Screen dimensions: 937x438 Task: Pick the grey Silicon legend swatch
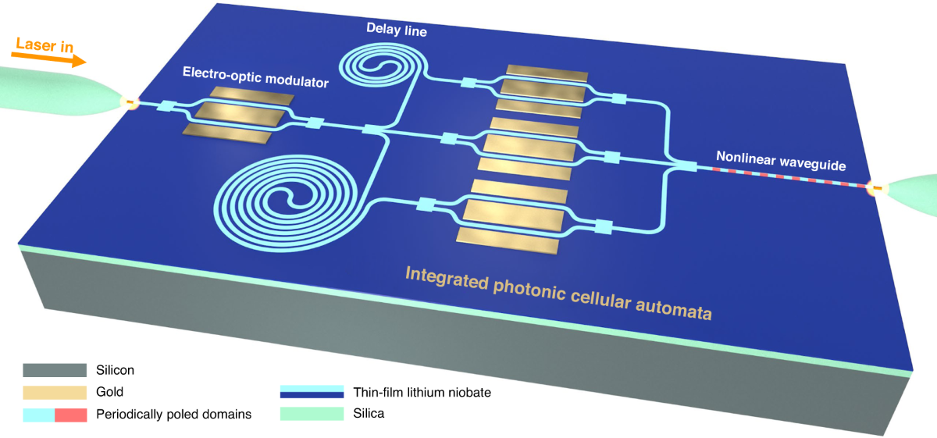point(54,370)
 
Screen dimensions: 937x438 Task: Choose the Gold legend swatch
point(54,392)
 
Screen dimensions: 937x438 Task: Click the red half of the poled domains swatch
point(70,415)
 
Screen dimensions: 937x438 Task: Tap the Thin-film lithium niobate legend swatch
point(312,393)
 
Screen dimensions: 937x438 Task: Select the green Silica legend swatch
point(312,415)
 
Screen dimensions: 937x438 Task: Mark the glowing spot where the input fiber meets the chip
point(126,101)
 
